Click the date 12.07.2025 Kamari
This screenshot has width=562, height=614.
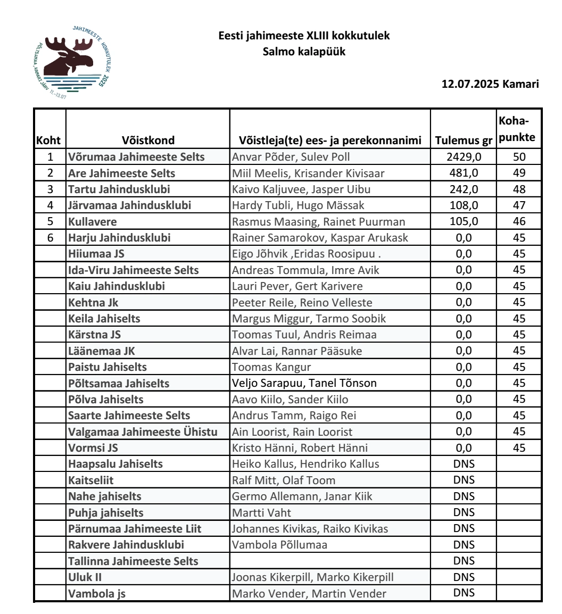[x=490, y=85]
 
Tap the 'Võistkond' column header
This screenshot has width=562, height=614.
[x=147, y=140]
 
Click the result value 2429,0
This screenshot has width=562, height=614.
[x=463, y=157]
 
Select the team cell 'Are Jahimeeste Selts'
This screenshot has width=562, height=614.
[x=122, y=173]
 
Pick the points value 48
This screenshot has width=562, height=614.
[x=519, y=189]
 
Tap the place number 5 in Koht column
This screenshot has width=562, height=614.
[x=50, y=221]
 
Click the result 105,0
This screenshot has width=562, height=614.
[x=463, y=221]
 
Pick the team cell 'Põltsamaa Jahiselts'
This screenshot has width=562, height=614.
[x=119, y=383]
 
